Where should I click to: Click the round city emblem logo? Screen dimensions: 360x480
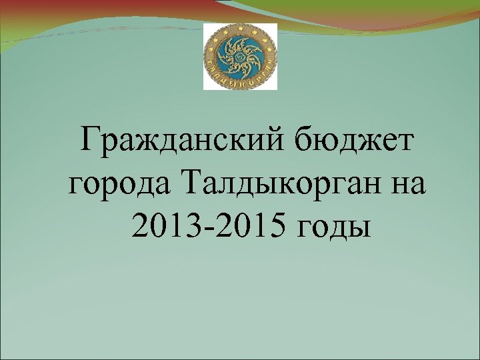coord(240,56)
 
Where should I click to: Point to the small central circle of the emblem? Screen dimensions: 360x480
coord(240,55)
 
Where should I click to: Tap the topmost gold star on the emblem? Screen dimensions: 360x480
coord(240,27)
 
